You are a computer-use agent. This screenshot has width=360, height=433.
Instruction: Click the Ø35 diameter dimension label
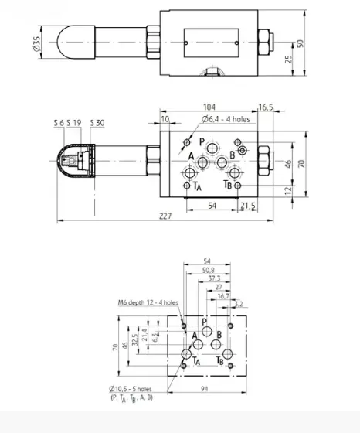point(37,43)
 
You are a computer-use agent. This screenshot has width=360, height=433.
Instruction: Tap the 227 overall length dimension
point(165,216)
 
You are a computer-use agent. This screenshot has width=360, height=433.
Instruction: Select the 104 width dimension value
point(209,107)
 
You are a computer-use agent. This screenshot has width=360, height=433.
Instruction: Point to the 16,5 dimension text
point(266,107)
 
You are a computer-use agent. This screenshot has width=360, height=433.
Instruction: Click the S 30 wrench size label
point(97,123)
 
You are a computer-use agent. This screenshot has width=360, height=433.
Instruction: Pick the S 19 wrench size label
point(74,123)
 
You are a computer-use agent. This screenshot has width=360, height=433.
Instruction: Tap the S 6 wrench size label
point(59,123)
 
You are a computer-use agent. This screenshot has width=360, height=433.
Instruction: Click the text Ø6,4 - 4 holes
point(226,119)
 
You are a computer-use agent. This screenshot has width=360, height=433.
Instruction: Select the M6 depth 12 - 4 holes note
point(148,302)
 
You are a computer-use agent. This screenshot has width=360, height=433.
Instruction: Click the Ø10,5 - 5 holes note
point(131,389)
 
